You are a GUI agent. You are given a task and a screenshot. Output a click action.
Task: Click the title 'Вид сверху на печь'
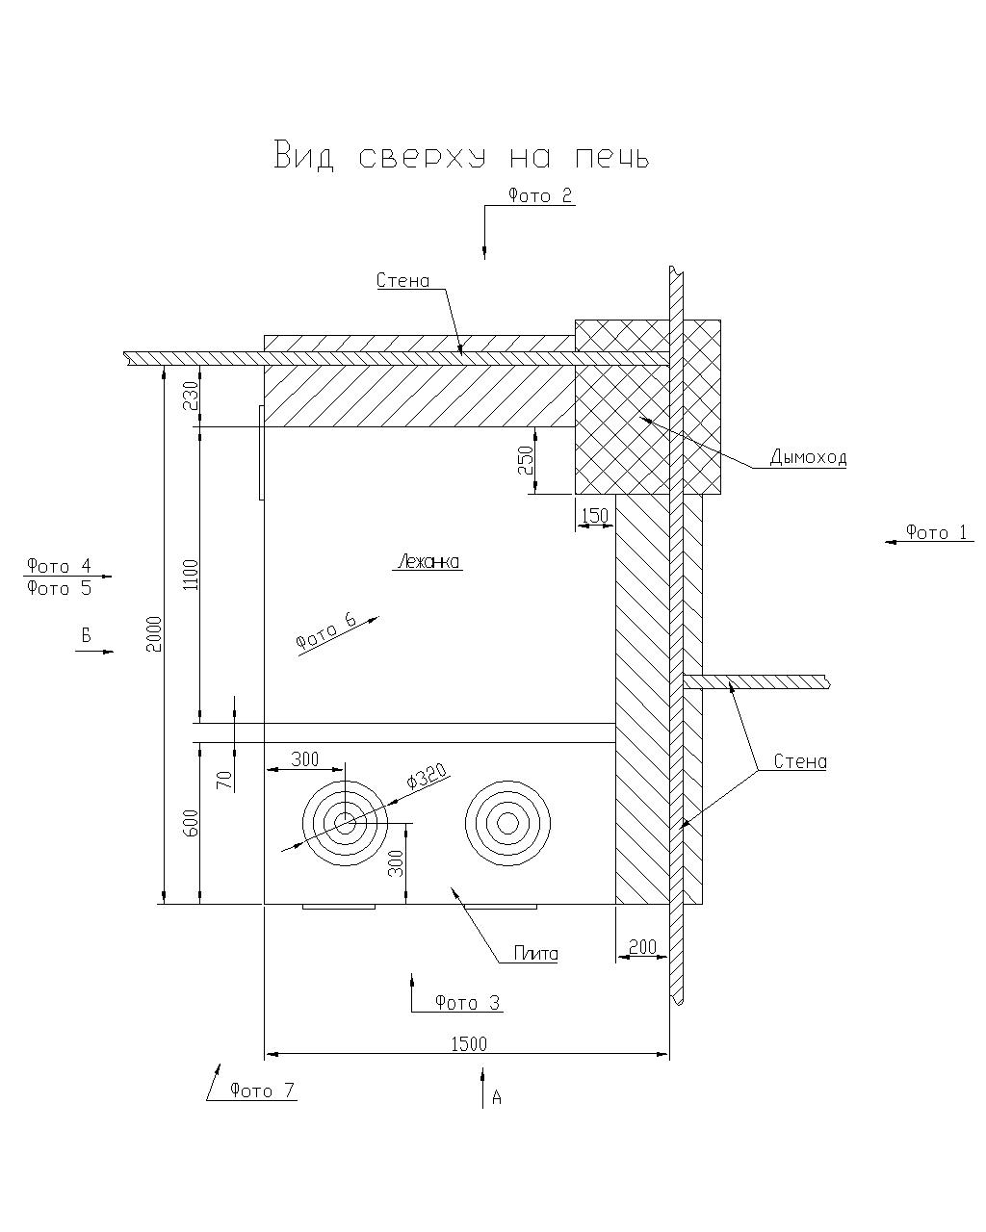462,156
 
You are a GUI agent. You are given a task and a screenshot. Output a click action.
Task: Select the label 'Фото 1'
936,532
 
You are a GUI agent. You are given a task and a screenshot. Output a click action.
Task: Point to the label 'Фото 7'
262,1091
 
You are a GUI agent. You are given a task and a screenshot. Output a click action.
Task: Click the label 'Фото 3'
468,1003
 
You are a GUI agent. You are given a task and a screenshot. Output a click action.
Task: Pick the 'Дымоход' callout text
807,458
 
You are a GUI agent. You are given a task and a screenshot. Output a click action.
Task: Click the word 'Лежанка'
428,562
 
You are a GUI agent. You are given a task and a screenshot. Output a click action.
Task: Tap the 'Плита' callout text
535,954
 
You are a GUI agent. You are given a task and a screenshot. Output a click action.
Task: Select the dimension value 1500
468,1044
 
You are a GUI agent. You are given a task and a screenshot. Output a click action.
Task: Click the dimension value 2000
155,632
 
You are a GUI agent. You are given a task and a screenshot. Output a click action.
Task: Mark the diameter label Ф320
426,777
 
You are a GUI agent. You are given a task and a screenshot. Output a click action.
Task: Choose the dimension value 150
595,516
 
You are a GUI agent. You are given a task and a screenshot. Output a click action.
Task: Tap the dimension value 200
642,947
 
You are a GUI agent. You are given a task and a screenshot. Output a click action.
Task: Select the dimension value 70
224,778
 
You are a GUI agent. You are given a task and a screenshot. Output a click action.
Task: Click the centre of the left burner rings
345,822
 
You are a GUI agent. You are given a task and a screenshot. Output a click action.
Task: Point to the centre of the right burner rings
506,822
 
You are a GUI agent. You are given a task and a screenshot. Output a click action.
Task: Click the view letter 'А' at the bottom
497,1097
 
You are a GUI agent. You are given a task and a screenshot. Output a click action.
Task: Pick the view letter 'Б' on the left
86,635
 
